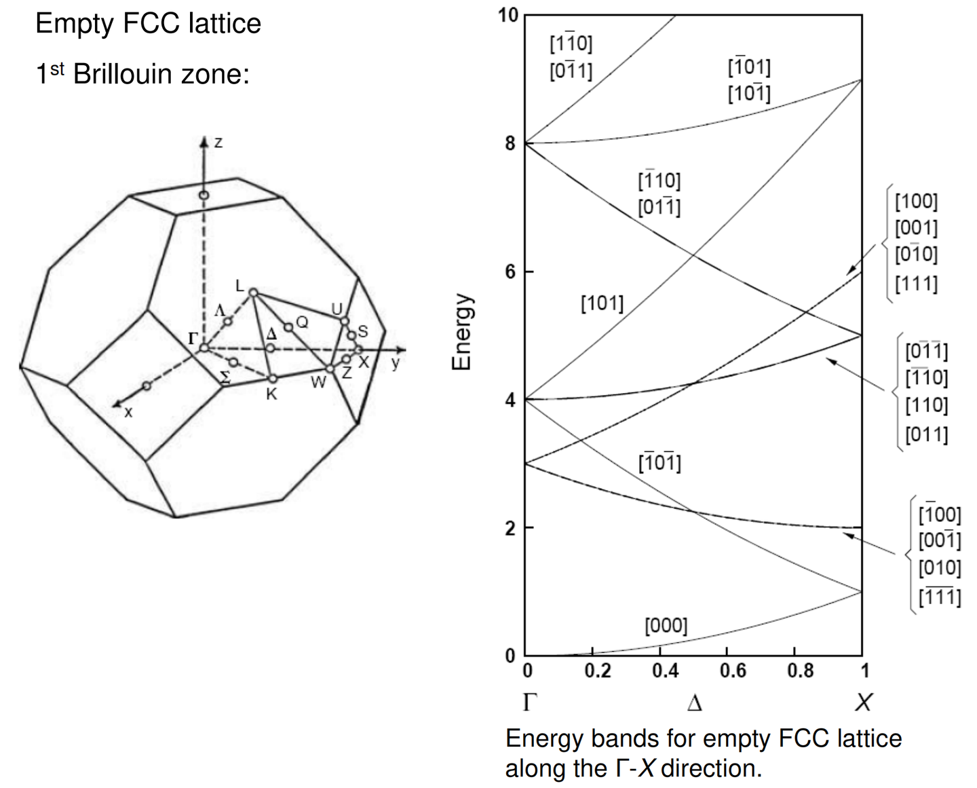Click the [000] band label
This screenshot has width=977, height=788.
pyautogui.click(x=666, y=625)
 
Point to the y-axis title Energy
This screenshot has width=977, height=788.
pyautogui.click(x=461, y=332)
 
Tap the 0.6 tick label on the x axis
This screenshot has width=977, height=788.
pyautogui.click(x=732, y=671)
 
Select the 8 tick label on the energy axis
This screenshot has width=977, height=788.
pyautogui.click(x=510, y=143)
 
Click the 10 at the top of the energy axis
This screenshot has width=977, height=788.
pyautogui.click(x=507, y=15)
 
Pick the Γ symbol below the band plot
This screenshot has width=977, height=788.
pyautogui.click(x=530, y=702)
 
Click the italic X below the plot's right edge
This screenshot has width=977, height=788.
pyautogui.click(x=863, y=702)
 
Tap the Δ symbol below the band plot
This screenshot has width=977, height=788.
pyautogui.click(x=694, y=702)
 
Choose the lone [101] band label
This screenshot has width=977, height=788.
pyautogui.click(x=602, y=303)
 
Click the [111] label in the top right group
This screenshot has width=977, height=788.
pyautogui.click(x=916, y=283)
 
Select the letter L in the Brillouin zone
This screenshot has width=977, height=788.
pyautogui.click(x=240, y=286)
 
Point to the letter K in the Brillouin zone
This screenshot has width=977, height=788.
pyautogui.click(x=271, y=394)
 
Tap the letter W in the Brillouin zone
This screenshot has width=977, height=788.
pyautogui.click(x=318, y=383)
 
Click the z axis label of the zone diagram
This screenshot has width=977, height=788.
pyautogui.click(x=218, y=143)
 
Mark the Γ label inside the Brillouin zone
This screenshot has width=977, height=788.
pyautogui.click(x=193, y=337)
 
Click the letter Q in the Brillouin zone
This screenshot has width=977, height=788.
pyautogui.click(x=303, y=322)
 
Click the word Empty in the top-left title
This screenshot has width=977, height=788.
pyautogui.click(x=74, y=24)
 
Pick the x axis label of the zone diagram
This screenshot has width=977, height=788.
pyautogui.click(x=128, y=412)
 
